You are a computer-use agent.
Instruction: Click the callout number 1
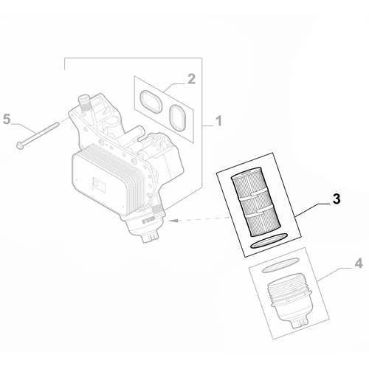coord(218,121)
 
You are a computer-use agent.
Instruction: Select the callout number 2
coord(191,79)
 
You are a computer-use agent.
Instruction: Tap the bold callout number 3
coord(337,199)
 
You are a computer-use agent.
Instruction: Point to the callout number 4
coord(359,263)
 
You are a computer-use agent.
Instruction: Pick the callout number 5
coord(7,120)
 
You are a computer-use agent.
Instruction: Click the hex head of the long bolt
coord(19,145)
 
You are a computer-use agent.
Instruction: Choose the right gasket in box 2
coord(177,117)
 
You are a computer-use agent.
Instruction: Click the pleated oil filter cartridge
coord(249,201)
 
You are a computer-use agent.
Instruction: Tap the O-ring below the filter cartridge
coord(269,241)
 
